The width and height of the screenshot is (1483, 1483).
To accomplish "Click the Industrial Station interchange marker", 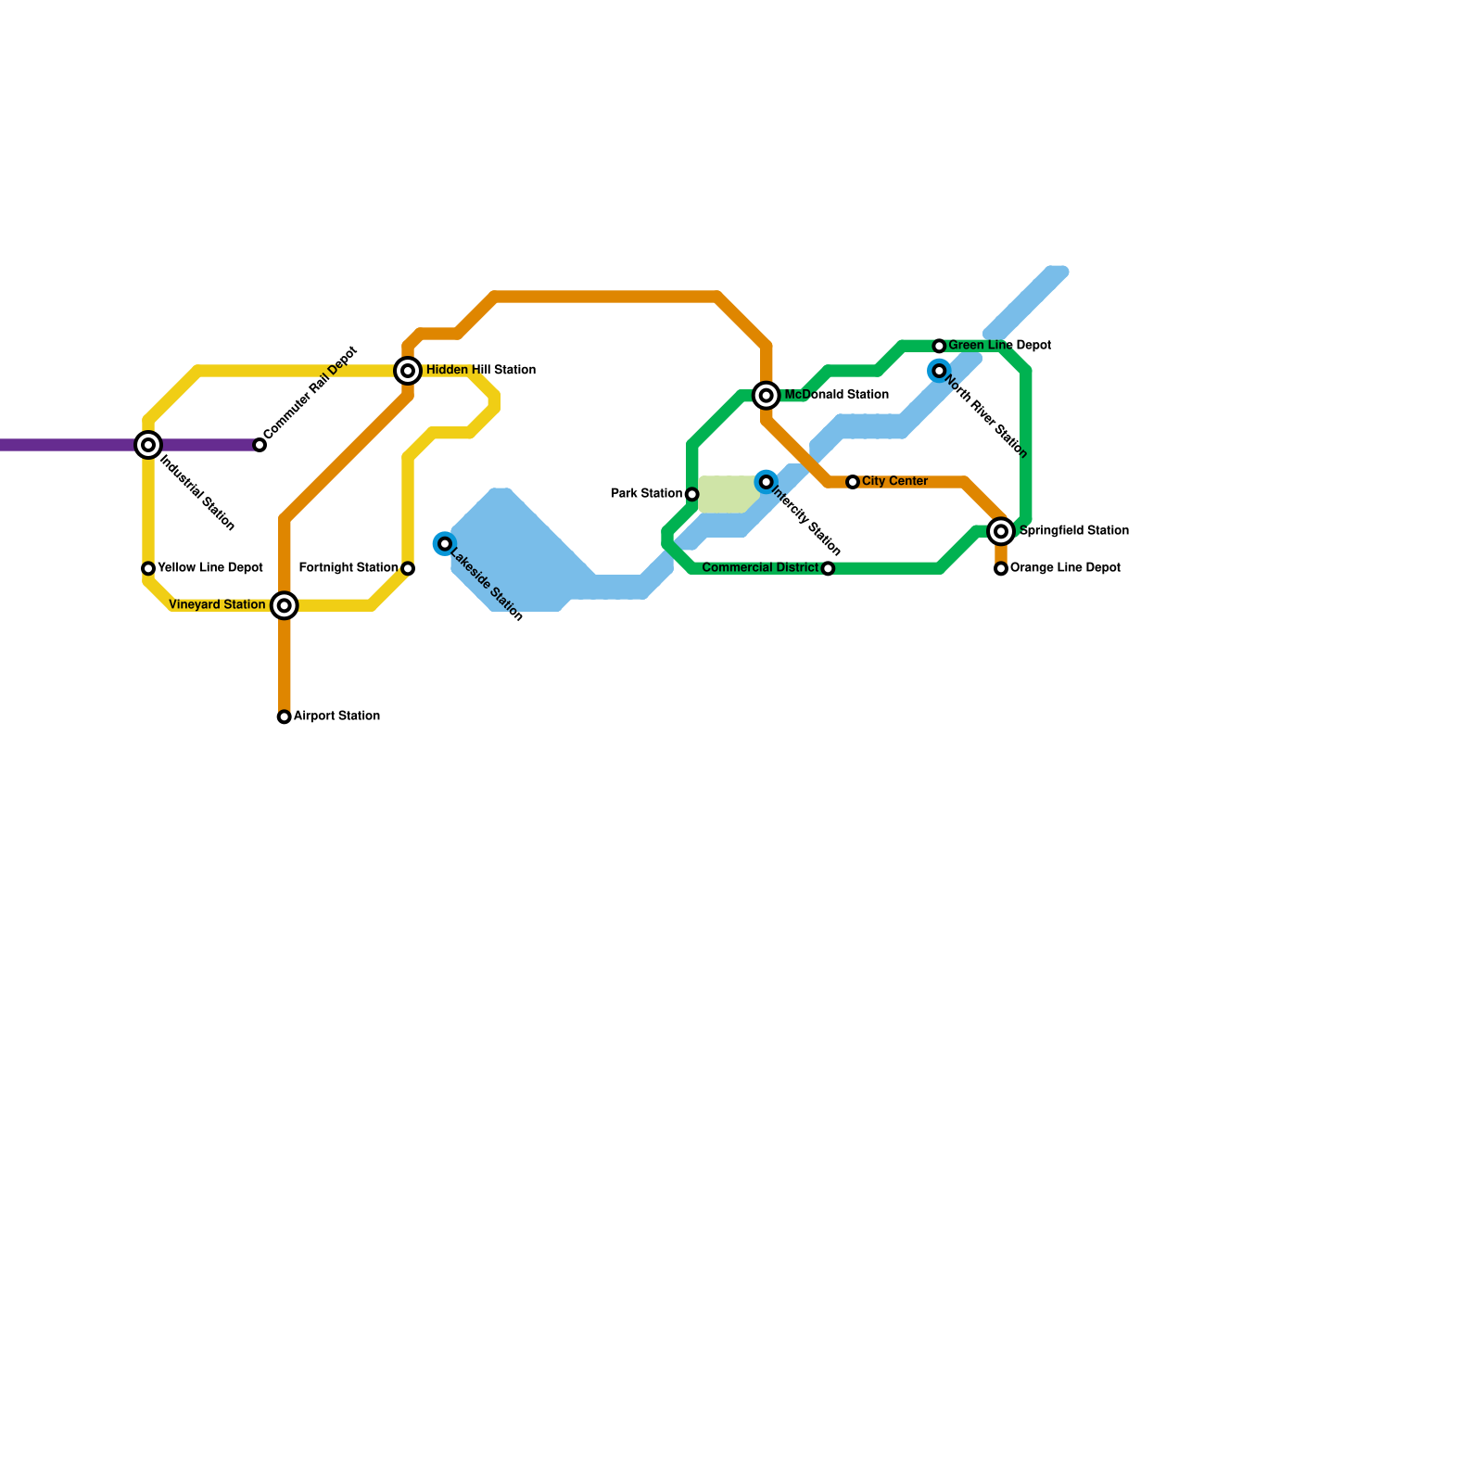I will pos(148,445).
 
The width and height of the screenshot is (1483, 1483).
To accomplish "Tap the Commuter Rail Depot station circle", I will pos(260,445).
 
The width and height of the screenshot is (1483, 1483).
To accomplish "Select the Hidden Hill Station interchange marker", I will pos(408,371).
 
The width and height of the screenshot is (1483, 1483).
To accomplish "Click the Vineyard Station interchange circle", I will pos(285,606).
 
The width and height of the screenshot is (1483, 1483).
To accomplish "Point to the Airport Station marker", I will pos(285,716).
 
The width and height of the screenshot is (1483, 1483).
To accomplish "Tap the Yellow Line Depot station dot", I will pos(148,568).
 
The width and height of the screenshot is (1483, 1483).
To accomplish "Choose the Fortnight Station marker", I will pos(408,568).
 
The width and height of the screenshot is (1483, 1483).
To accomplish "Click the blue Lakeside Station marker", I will pos(445,543).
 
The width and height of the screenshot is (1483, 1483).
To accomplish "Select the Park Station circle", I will pos(692,494).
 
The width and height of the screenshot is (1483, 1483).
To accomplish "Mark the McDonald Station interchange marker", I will pos(767,396).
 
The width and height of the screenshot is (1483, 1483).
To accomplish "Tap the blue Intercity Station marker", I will pos(767,482).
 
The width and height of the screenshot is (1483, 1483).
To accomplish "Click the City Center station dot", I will pos(853,482).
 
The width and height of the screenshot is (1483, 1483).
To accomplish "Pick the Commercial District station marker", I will pos(828,568).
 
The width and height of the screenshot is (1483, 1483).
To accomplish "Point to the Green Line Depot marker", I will pos(939,346).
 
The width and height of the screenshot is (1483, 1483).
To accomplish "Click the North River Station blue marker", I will pos(939,371).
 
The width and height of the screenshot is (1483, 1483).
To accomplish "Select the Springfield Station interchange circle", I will pos(1001,531).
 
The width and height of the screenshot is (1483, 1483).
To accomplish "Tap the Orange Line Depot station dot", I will pos(1001,568).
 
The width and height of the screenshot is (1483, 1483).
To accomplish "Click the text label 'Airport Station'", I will pos(336,716).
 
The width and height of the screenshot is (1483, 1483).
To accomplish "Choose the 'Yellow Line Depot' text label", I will pos(210,568).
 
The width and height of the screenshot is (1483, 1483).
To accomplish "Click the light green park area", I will pos(728,494).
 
